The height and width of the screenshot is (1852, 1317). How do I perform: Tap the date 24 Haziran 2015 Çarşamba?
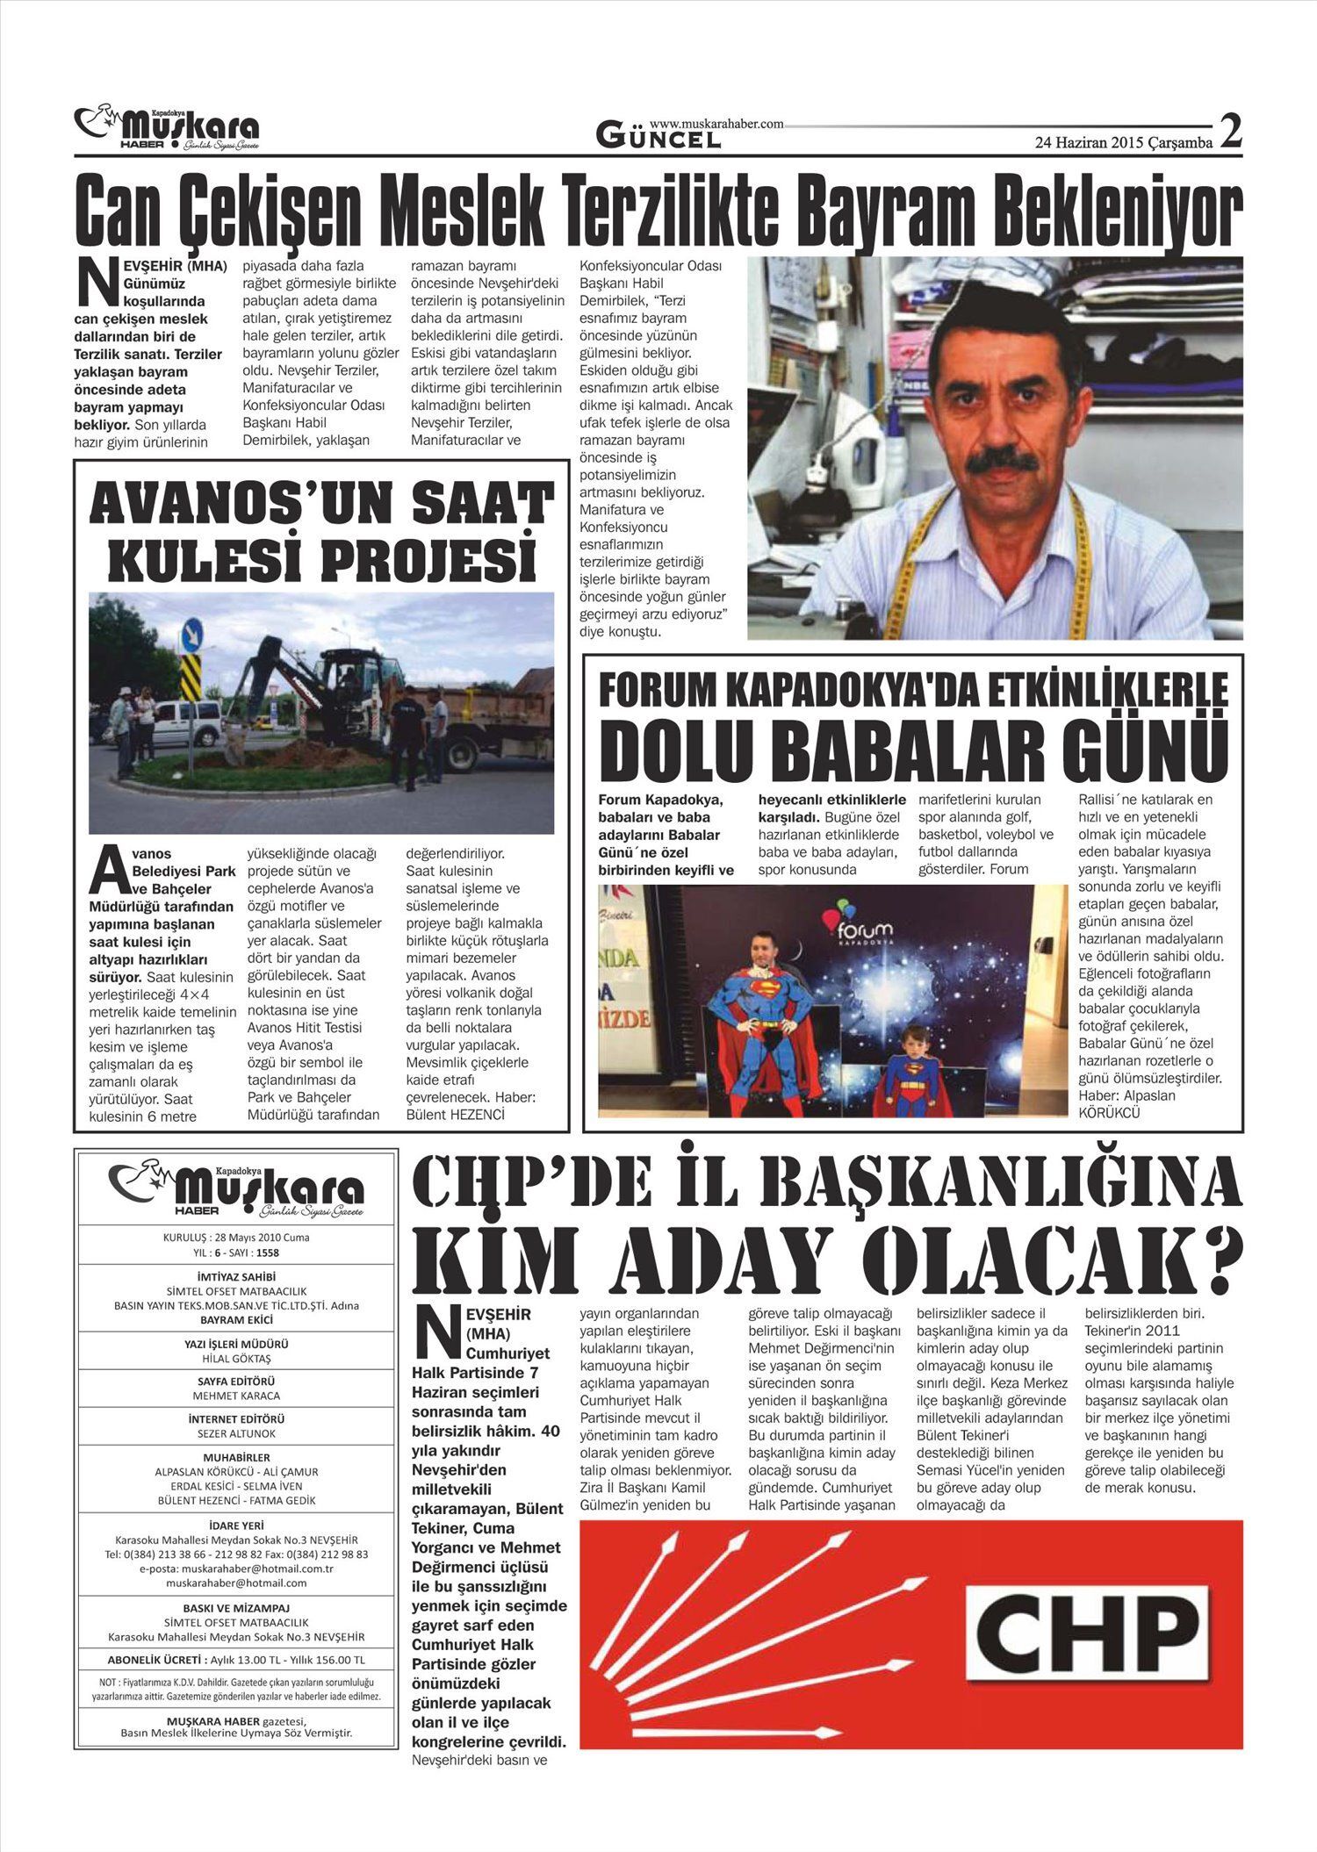[1123, 141]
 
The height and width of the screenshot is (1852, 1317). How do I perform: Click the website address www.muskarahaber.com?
[716, 125]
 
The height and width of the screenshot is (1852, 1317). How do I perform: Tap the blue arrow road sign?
[192, 633]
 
